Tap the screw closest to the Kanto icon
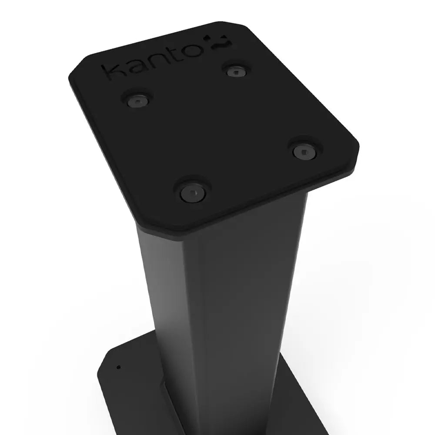coord(236,71)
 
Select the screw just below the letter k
coord(137,100)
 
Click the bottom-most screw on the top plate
coord(192,192)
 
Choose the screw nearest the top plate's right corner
coord(303,151)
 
